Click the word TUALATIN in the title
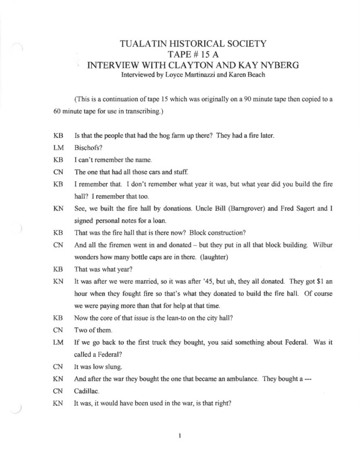coord(139,44)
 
